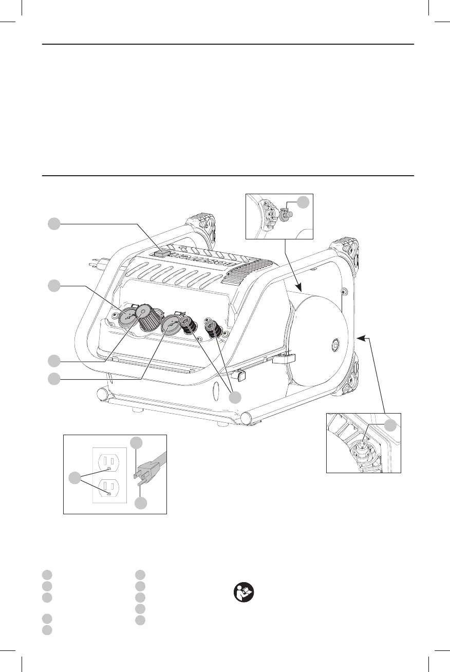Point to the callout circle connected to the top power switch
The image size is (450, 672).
(x=54, y=223)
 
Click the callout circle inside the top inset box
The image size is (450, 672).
(x=304, y=202)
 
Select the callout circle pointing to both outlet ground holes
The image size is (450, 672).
(x=75, y=478)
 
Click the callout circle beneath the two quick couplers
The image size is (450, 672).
(x=236, y=397)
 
